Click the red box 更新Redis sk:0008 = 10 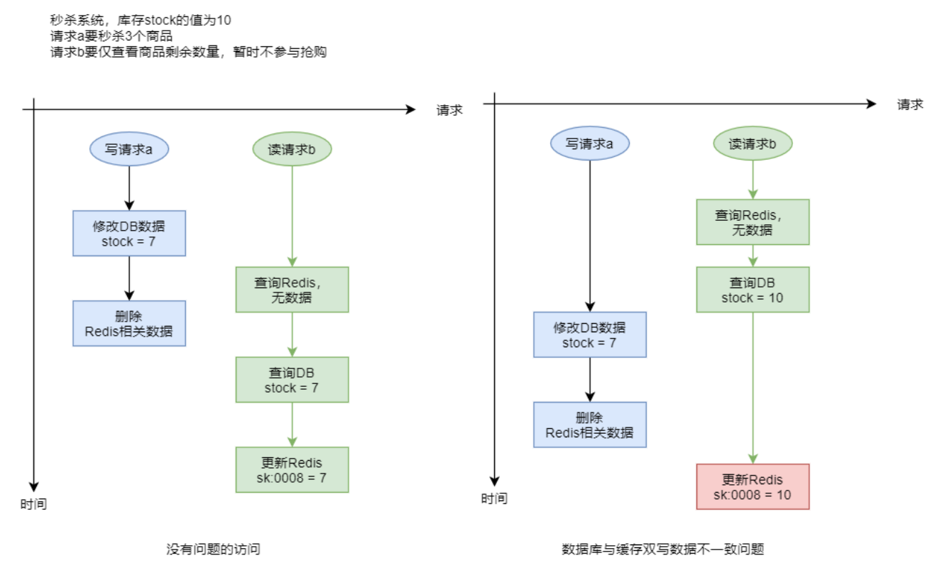[x=753, y=486]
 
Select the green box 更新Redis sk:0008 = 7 [x=292, y=469]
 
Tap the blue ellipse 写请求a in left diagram [x=129, y=149]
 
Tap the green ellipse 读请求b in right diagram [x=753, y=144]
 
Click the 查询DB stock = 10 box [x=753, y=290]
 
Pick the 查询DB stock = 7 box [x=292, y=380]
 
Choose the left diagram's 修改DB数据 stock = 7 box [x=129, y=233]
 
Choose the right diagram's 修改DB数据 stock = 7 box [x=590, y=334]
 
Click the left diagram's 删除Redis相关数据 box [x=129, y=323]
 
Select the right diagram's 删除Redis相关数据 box [x=590, y=425]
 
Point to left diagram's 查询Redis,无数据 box [x=292, y=289]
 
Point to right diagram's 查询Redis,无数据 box [x=753, y=221]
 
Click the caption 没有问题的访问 [x=214, y=549]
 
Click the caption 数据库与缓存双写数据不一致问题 [x=662, y=549]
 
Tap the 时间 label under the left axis [x=33, y=505]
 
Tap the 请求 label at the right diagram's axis [x=909, y=104]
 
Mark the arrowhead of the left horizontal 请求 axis [x=410, y=109]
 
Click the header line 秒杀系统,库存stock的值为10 [x=141, y=21]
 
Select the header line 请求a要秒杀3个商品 [x=112, y=36]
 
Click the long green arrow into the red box [x=753, y=387]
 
